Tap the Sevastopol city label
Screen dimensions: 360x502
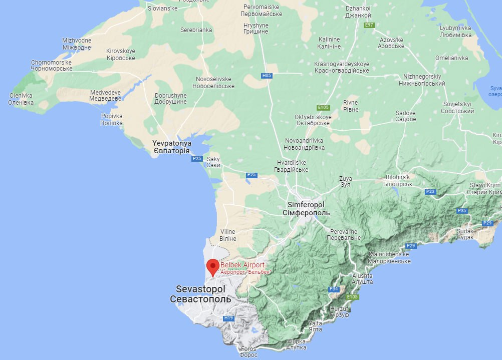pos(200,294)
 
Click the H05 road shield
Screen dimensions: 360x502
pos(267,76)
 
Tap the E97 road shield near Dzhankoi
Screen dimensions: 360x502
pos(369,25)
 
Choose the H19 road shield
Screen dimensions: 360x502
pos(228,318)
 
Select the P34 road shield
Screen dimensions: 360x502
pos(334,289)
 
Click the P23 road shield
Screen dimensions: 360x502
pos(430,192)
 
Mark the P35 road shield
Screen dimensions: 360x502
pos(462,211)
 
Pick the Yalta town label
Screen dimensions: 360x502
pos(316,326)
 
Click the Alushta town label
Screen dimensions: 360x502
pos(362,278)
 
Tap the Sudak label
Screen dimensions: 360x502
pos(465,234)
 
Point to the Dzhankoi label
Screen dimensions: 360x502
pos(358,12)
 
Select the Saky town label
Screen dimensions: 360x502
pos(213,162)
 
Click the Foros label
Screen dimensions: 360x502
pos(248,352)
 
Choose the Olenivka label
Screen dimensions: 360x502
pos(21,99)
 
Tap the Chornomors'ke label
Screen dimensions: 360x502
pos(52,66)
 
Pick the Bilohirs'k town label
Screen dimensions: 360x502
pos(398,181)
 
